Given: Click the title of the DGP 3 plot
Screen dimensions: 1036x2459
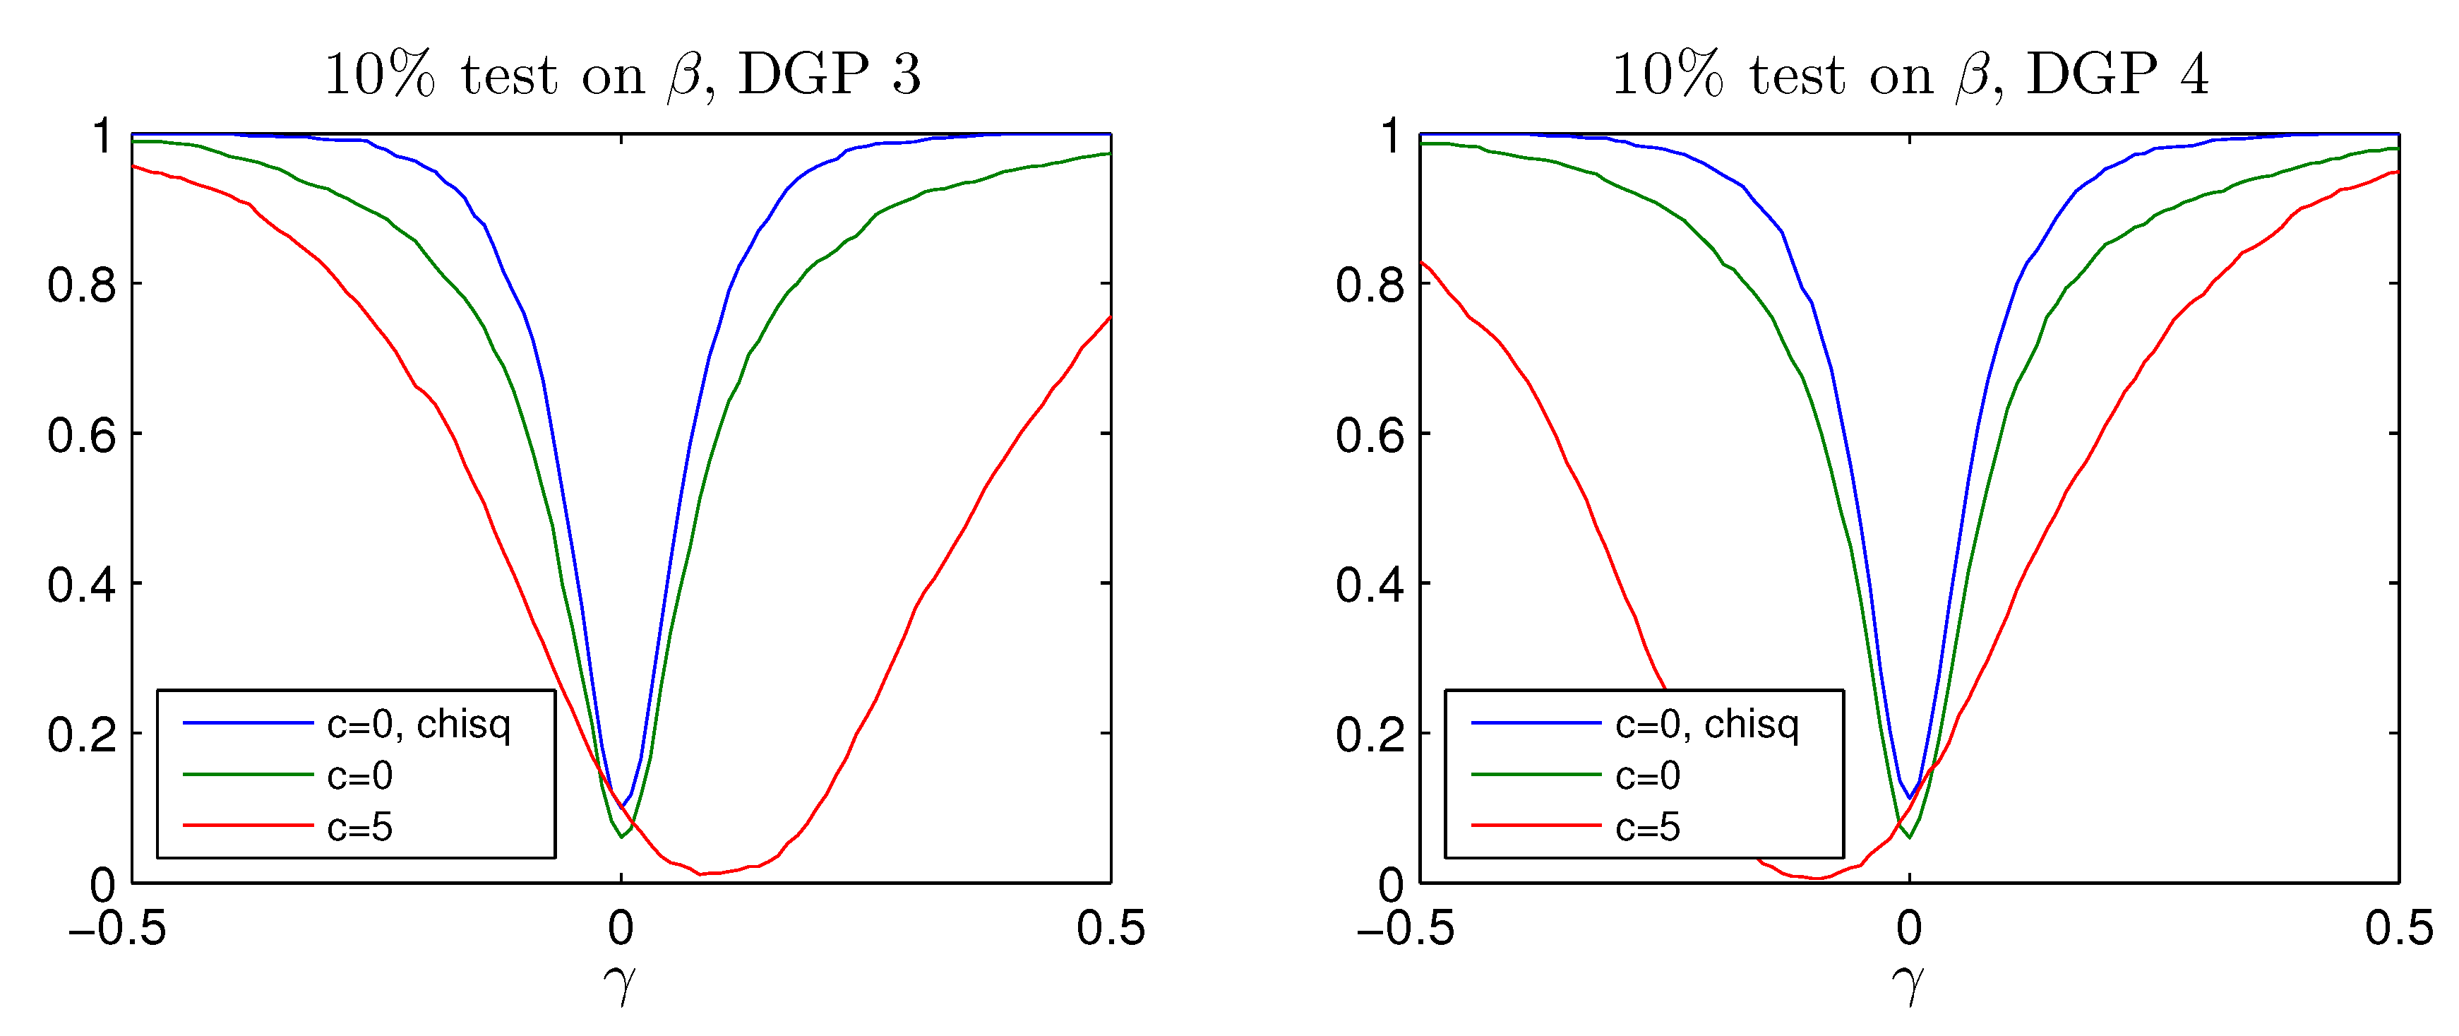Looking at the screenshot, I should click(623, 74).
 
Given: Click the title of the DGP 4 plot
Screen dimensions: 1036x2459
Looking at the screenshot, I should click(1910, 74).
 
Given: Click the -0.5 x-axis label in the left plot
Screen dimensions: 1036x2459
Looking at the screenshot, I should click(116, 928).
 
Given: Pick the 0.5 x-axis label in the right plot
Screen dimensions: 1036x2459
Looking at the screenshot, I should click(2398, 928).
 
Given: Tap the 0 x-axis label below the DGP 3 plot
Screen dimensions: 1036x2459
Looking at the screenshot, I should click(621, 928).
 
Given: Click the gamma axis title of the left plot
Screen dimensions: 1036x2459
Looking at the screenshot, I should click(621, 984).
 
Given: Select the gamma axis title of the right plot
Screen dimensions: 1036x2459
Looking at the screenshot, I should click(1909, 984).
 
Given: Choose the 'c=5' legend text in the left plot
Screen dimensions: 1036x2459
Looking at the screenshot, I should click(360, 827).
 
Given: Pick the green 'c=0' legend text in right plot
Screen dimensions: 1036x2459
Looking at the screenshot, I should click(1648, 775).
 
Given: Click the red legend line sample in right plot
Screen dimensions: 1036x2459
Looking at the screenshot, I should click(1535, 825).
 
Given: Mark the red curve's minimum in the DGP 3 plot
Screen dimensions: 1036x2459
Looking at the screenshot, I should click(700, 874).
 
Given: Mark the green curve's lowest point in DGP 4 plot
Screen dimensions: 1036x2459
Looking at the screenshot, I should click(1909, 838).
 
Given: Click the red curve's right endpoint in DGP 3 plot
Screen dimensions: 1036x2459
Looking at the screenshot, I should click(1110, 317).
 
